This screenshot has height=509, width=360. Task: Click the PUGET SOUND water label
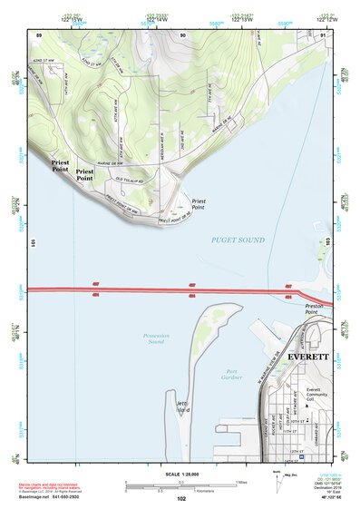coord(238,240)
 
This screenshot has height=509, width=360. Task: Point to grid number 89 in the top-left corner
coord(39,34)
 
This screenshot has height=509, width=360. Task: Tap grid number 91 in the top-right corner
coord(323,34)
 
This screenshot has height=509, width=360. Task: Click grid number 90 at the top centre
coord(182,34)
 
